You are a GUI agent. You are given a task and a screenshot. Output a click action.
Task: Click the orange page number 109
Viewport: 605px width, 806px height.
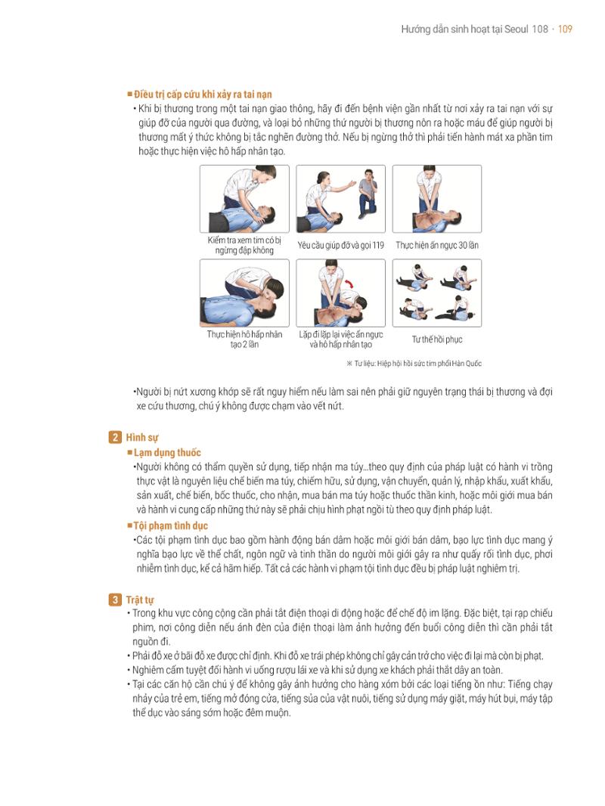[565, 29]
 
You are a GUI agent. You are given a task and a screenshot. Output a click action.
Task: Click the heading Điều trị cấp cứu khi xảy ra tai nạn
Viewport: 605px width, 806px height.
[203, 95]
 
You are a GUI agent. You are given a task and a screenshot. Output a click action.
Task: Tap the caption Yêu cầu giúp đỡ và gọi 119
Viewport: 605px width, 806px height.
[340, 245]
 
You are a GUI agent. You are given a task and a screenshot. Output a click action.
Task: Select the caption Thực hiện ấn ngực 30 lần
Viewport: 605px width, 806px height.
[437, 245]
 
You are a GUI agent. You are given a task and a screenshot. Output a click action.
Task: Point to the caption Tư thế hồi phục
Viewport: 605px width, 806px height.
[437, 339]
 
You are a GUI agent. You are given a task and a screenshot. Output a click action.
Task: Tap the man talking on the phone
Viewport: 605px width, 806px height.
[368, 193]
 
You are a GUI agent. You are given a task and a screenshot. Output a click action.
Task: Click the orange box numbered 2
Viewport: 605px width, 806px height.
[115, 438]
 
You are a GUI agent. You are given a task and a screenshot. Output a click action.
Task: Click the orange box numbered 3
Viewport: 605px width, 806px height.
[115, 600]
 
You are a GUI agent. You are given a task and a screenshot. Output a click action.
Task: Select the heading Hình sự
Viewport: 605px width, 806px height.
[142, 438]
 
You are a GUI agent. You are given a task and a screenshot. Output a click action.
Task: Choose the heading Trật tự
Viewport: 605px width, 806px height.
[140, 600]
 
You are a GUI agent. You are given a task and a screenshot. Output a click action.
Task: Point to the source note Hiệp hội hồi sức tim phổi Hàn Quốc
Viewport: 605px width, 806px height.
[417, 364]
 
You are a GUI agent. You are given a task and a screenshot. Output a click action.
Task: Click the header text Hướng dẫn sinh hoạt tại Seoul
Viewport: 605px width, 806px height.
[464, 29]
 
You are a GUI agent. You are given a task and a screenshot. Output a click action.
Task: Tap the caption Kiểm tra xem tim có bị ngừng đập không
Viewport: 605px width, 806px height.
[244, 245]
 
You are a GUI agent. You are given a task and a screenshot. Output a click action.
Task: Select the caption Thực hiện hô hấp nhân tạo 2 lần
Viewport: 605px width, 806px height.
[244, 339]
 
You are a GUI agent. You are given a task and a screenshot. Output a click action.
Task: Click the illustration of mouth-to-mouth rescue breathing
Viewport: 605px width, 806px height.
[244, 293]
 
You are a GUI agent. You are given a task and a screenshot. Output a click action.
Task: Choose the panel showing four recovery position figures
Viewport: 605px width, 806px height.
[437, 293]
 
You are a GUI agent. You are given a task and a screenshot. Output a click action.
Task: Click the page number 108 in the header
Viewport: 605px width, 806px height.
[540, 29]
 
